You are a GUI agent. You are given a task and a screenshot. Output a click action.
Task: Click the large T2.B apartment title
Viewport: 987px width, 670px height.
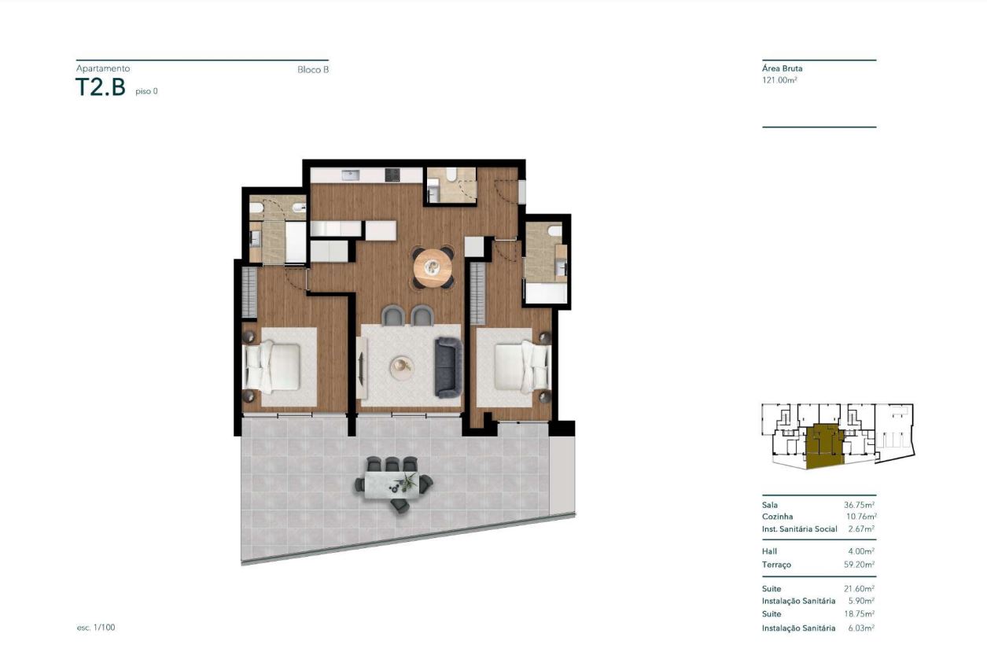[101, 87]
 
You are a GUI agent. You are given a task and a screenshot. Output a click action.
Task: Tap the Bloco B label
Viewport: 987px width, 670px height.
[313, 70]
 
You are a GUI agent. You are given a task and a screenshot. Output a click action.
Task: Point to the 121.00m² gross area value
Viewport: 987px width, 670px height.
[779, 80]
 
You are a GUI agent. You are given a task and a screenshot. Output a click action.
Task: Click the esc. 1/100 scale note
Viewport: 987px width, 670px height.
[96, 628]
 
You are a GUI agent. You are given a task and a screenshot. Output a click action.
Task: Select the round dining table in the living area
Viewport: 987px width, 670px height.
[433, 267]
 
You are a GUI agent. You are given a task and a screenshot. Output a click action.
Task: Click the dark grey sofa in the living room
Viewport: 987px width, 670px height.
[448, 367]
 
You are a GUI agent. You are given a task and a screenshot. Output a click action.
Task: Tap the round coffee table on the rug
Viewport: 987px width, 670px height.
[402, 367]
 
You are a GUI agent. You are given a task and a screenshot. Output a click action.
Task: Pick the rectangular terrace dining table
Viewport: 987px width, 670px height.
[392, 485]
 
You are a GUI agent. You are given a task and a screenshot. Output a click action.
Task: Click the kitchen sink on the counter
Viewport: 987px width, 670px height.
[351, 175]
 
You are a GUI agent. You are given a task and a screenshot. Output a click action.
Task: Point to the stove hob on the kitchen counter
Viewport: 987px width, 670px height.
[392, 175]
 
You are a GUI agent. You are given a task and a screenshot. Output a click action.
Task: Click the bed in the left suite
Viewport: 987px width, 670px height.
[272, 366]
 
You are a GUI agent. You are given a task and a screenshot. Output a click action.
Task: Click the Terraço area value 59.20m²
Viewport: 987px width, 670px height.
[860, 565]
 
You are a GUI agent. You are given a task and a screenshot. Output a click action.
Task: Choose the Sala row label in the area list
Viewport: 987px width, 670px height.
[770, 506]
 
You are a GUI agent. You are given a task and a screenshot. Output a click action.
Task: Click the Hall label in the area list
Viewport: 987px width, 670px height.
[770, 551]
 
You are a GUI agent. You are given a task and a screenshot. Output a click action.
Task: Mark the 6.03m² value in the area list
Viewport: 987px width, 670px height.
[861, 628]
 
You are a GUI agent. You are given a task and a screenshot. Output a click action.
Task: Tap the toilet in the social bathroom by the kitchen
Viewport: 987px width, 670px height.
[451, 175]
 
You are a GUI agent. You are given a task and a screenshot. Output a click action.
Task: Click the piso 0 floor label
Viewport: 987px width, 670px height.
[147, 91]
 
